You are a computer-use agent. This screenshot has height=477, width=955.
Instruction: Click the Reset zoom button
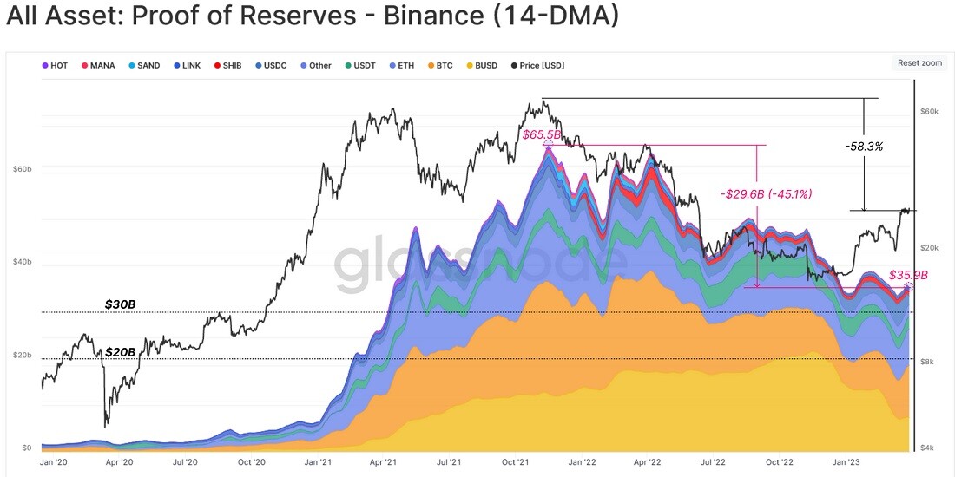pos(919,62)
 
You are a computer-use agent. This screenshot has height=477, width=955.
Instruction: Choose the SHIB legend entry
pos(227,65)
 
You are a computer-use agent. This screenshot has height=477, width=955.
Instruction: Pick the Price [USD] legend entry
pos(537,65)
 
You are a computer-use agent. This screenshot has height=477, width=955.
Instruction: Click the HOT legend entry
pos(54,65)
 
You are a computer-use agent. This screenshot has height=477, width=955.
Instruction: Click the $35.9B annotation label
pos(908,275)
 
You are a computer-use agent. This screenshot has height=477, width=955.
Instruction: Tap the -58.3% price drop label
pos(864,146)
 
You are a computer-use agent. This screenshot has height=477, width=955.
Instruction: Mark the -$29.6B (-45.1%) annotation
pos(767,194)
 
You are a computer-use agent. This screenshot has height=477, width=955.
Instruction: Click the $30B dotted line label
pos(120,304)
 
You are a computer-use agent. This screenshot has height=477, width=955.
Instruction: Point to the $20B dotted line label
pos(120,352)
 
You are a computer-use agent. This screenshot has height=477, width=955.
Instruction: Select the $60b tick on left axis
pos(22,168)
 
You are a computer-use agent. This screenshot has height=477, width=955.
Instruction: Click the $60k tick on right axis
pos(930,111)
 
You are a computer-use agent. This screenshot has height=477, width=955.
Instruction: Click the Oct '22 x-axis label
pos(780,462)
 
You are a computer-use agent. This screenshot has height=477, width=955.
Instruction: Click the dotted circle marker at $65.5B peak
pos(548,145)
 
